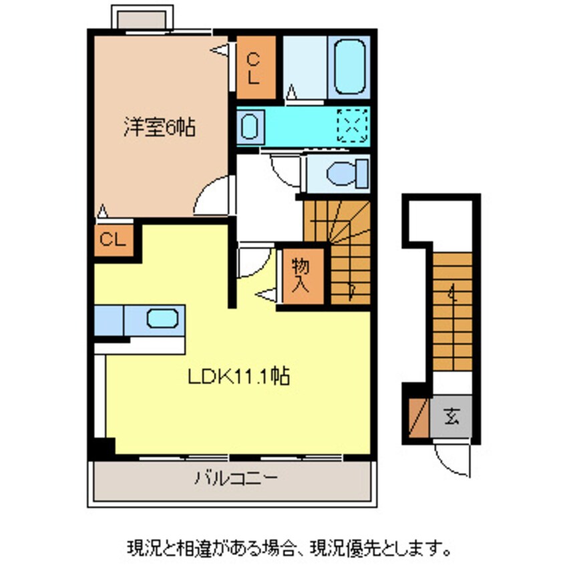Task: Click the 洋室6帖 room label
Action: tap(158, 127)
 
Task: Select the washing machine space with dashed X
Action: tap(352, 124)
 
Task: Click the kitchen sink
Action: tap(162, 319)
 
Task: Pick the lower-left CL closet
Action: tap(114, 239)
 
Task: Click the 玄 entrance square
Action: tap(452, 418)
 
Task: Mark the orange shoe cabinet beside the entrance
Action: tap(418, 418)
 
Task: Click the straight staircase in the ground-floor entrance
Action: tap(452, 311)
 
